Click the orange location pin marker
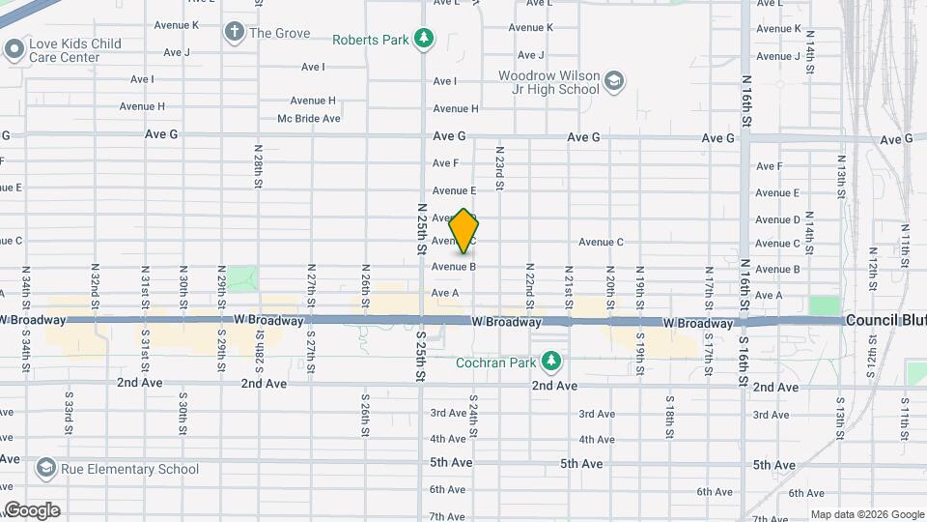[x=464, y=232]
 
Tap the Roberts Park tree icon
[x=423, y=40]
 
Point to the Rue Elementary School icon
[x=45, y=470]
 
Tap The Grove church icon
[x=233, y=33]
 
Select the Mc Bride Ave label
[x=309, y=119]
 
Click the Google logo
[x=32, y=509]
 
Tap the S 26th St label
[x=366, y=410]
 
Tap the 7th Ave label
[x=449, y=516]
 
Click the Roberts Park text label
[x=370, y=40]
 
